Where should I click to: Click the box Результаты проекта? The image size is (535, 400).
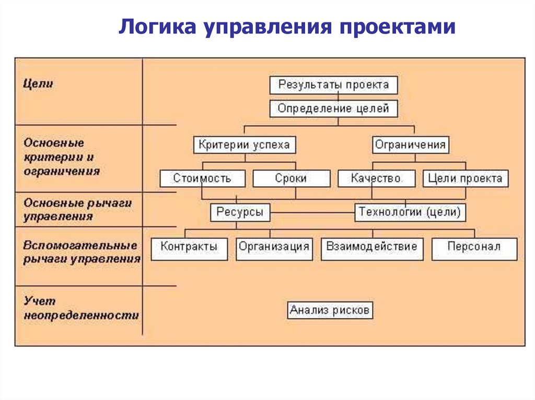coord(333,85)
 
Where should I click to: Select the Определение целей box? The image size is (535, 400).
coord(333,109)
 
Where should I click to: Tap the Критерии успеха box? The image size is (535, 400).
coord(244,144)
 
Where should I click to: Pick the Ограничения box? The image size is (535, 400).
coord(410,144)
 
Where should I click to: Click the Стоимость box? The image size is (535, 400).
coord(202,178)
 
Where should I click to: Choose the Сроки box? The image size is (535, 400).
coord(291,178)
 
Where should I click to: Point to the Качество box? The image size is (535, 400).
coord(376,178)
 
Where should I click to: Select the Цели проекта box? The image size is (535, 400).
coord(465,178)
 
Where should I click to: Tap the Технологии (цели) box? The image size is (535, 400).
coord(410,212)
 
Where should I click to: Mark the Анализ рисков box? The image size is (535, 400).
coord(331,311)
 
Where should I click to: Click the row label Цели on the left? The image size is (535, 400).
coord(38,83)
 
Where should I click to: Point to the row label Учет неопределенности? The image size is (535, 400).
coord(81,308)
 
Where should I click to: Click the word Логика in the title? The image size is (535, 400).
coord(153,27)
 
